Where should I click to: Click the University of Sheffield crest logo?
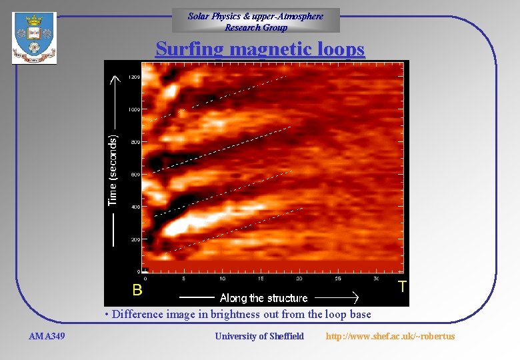(x=34, y=39)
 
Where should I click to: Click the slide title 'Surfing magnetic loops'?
(x=260, y=50)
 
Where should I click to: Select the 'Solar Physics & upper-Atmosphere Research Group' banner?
(x=256, y=21)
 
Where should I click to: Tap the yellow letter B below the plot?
(x=137, y=290)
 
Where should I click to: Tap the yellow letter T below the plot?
(x=402, y=287)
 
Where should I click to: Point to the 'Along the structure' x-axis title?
(x=264, y=298)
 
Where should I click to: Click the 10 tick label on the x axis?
(x=222, y=278)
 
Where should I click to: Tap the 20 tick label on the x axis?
(x=299, y=278)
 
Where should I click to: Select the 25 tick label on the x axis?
(x=338, y=278)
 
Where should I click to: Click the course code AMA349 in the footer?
(x=47, y=336)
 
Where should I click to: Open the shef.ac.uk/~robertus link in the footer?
(x=390, y=336)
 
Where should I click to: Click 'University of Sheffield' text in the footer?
(x=259, y=336)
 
